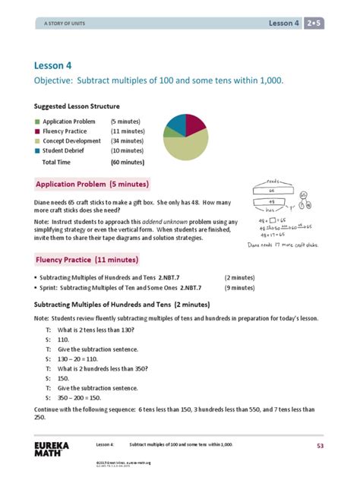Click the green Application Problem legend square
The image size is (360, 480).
coord(36,121)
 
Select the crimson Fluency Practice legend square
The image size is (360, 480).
coord(36,131)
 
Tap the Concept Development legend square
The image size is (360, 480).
coord(36,141)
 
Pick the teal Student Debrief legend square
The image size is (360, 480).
coord(36,150)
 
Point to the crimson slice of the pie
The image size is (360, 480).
coord(195,123)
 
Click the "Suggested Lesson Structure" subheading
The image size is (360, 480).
coord(77,106)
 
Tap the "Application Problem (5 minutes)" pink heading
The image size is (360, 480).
coord(93,184)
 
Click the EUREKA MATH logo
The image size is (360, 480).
coord(50,449)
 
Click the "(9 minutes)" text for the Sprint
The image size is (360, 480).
coord(239,289)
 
